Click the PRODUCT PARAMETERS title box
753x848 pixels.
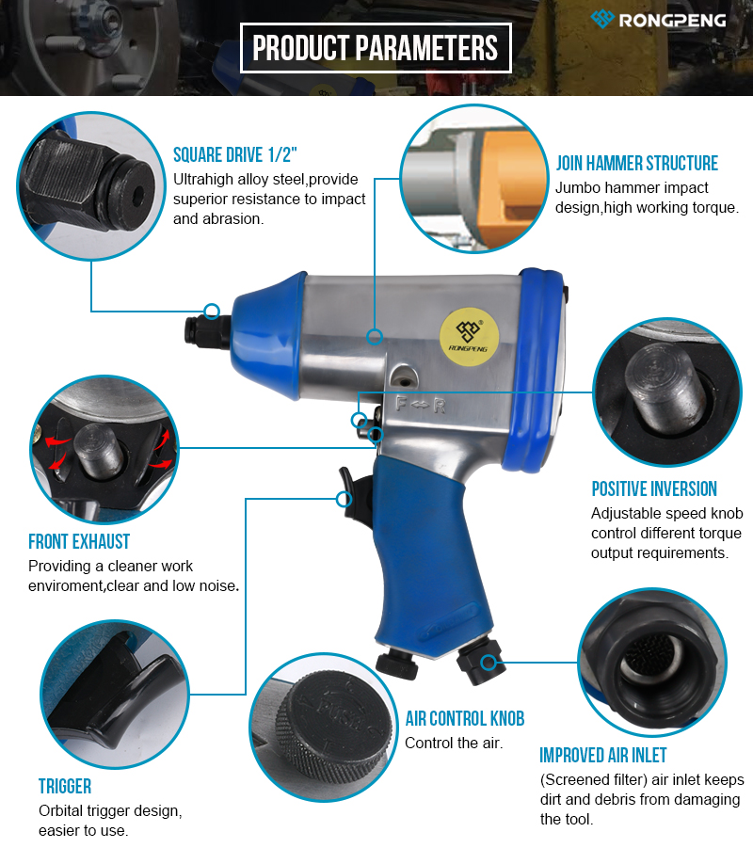376,48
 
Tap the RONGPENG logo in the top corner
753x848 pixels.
658,20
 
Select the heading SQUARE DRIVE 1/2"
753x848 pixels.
235,155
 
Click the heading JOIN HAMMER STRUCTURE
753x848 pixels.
636,164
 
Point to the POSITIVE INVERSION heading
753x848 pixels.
654,488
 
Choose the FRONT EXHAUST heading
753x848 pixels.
79,541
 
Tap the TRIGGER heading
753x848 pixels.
65,786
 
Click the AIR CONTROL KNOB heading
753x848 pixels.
465,719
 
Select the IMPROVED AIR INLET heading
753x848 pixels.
603,755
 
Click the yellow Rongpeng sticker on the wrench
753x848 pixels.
469,337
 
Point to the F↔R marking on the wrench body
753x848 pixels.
421,405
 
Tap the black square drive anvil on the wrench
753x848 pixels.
207,331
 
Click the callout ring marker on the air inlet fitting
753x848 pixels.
489,662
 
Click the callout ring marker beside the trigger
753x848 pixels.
344,499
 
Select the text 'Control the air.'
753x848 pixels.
454,744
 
